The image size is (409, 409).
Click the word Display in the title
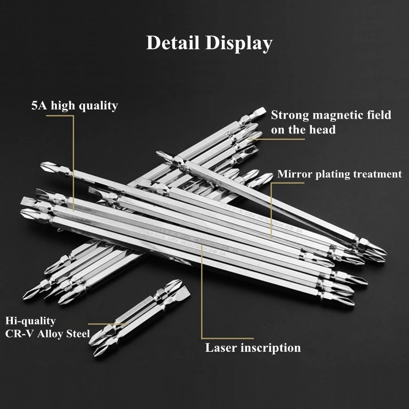(239, 43)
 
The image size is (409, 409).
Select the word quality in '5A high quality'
(98, 106)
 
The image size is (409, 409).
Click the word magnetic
(339, 115)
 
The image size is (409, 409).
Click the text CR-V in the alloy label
(19, 334)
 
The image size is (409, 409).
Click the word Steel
(78, 334)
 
